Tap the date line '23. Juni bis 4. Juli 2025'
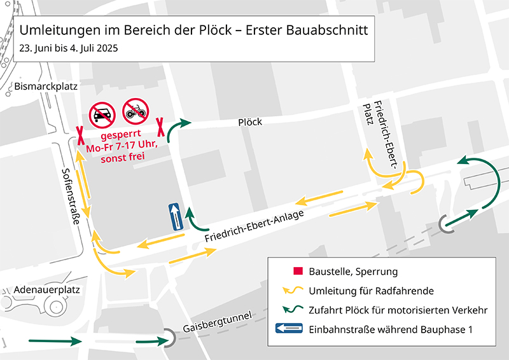pos(68,48)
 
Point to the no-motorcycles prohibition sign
pos(135,111)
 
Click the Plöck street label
pos(250,122)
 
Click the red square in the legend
pos(296,272)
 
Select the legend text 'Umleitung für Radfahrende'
pos(371,291)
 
